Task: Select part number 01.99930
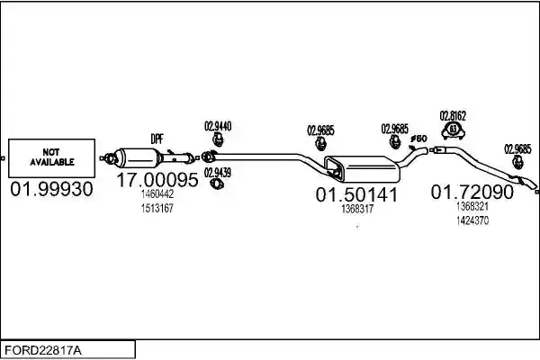[51, 189]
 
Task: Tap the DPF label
[157, 139]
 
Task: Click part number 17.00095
[157, 179]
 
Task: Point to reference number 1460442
[157, 194]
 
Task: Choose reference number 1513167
[157, 209]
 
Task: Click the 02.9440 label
[218, 126]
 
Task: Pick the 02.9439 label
[218, 173]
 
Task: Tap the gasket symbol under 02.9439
[217, 184]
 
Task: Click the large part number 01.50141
[356, 194]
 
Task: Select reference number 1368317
[357, 209]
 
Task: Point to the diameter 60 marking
[418, 139]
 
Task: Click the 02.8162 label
[453, 116]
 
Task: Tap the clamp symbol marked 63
[453, 130]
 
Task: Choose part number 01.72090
[472, 192]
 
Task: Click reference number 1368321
[472, 206]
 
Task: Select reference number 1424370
[472, 220]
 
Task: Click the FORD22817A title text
[42, 351]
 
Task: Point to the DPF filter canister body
[138, 157]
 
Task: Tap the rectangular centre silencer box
[363, 169]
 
